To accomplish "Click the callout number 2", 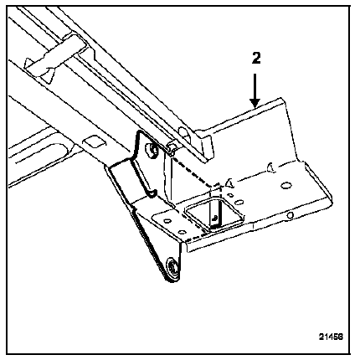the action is (256, 59).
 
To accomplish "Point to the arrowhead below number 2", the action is (255, 104).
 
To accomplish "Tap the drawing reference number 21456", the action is (331, 337).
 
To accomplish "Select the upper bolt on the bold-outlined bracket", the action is (152, 150).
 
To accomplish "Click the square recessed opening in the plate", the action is (214, 214).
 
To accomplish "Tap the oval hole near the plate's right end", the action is (286, 185).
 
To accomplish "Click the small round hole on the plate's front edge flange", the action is (291, 215).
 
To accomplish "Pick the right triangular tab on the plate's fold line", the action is (271, 167).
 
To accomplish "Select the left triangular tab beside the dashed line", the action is (230, 183).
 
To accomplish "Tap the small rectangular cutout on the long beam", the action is (95, 141).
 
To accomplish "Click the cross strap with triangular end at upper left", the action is (56, 57).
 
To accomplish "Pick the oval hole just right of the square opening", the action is (239, 202).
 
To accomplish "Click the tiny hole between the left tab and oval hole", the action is (230, 194).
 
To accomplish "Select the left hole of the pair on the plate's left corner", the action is (167, 221).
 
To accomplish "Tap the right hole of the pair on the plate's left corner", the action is (182, 231).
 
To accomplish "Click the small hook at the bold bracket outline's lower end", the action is (153, 193).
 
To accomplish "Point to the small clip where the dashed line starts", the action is (171, 149).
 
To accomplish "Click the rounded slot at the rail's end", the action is (183, 132).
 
